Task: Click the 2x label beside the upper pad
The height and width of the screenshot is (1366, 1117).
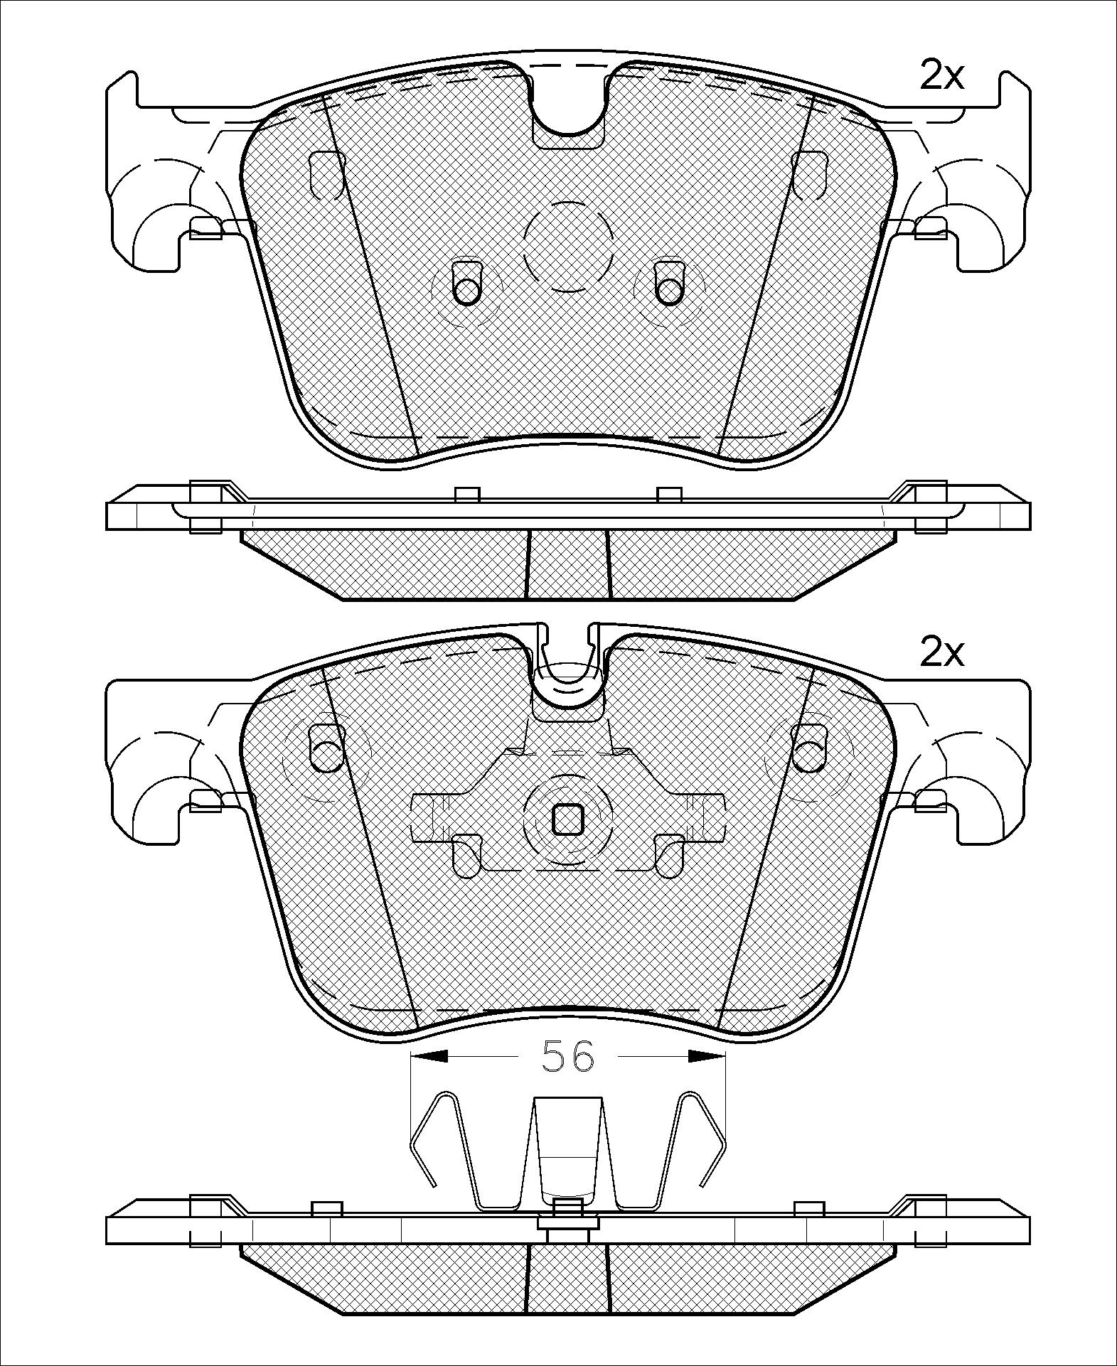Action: (941, 75)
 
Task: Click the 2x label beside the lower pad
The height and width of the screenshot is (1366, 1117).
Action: (941, 652)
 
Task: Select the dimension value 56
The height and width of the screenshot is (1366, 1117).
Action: (567, 1056)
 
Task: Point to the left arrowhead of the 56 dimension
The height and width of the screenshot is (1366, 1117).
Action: (429, 1057)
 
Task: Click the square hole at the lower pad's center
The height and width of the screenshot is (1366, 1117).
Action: (567, 819)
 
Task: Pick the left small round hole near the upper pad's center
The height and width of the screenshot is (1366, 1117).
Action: (466, 291)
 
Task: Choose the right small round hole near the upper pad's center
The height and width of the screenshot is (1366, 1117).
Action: (668, 291)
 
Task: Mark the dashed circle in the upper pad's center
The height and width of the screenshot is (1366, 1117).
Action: (567, 246)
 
